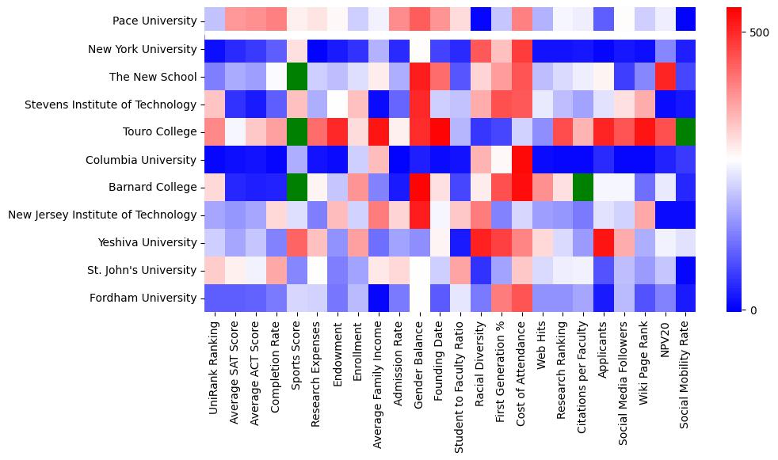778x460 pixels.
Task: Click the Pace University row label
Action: click(154, 21)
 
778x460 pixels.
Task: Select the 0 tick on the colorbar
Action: click(752, 310)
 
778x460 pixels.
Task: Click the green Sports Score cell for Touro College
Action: click(296, 132)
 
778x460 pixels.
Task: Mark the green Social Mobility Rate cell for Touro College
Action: click(686, 132)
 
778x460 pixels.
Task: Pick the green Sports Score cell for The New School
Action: click(296, 77)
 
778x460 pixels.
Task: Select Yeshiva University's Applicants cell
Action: click(604, 242)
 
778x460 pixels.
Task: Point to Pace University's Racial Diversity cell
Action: click(480, 21)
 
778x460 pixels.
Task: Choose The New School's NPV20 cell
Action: click(665, 77)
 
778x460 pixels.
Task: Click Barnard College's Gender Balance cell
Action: click(419, 187)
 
